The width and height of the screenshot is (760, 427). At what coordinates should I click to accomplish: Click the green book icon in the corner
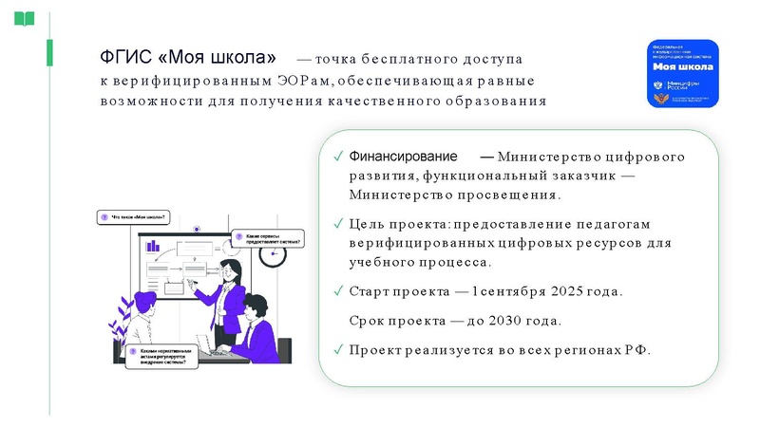[x=24, y=18]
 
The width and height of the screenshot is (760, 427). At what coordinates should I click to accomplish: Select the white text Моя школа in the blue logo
[x=677, y=68]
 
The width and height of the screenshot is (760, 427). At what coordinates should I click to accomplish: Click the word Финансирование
[x=403, y=156]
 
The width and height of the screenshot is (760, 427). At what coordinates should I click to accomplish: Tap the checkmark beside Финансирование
[x=338, y=157]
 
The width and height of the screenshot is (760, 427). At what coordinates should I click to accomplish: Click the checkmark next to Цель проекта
[x=338, y=224]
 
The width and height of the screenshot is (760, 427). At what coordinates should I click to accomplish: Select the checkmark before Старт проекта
[x=338, y=290]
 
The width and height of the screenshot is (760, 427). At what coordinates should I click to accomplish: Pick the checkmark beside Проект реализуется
[x=338, y=350]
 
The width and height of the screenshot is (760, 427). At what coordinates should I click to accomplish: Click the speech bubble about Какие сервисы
[x=267, y=239]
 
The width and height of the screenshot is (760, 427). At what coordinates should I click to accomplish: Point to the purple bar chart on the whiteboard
[x=153, y=246]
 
